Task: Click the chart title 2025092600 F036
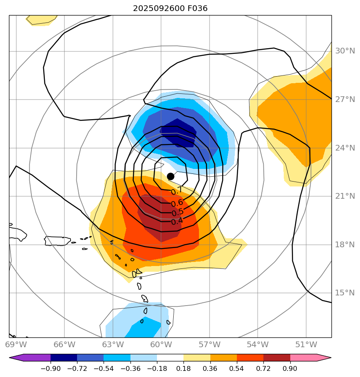[x=173, y=8]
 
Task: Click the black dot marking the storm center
[x=170, y=176]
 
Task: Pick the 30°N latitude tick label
[x=345, y=51]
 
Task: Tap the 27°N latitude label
[x=345, y=100]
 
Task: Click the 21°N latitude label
[x=345, y=196]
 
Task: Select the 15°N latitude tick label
[x=345, y=293]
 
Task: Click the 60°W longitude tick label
[x=161, y=344]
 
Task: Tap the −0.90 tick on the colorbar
[x=51, y=368]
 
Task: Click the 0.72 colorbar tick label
[x=263, y=368]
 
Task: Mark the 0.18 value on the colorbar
[x=183, y=368]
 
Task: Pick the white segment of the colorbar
[x=170, y=358]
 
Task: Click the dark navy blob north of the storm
[x=178, y=133]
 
